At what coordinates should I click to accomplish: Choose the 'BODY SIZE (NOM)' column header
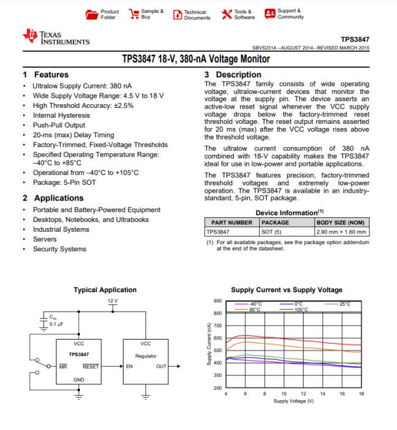[x=341, y=223]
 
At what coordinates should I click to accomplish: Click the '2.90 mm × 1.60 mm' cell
[x=341, y=232]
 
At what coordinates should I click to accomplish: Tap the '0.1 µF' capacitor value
[x=58, y=324]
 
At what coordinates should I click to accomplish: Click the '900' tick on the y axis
[x=217, y=301]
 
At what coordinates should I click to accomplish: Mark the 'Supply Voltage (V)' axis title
[x=294, y=401]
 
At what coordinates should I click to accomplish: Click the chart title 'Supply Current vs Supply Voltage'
[x=286, y=290]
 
